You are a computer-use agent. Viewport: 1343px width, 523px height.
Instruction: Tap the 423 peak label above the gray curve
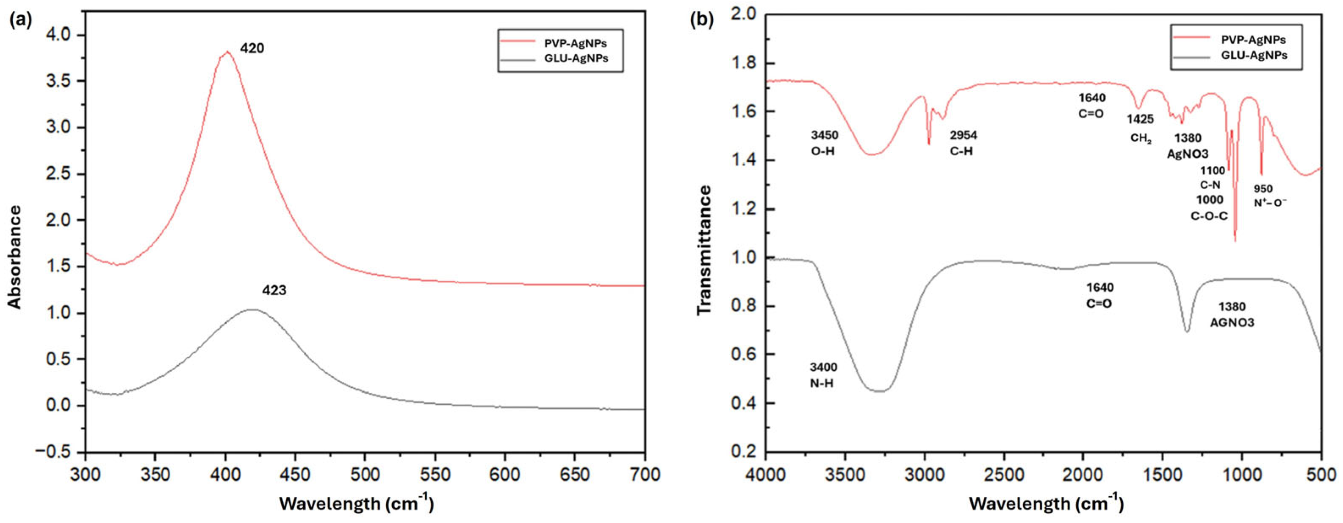coord(274,291)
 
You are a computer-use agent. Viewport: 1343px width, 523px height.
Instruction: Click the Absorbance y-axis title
coord(15,256)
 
